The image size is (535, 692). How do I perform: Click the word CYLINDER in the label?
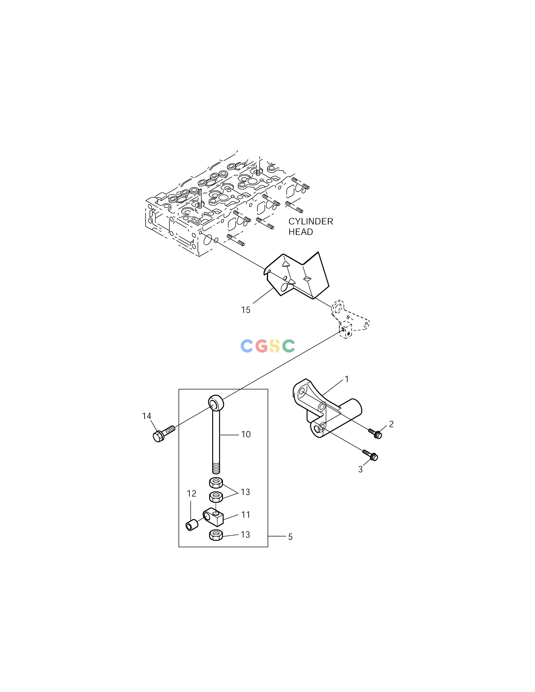pyautogui.click(x=311, y=221)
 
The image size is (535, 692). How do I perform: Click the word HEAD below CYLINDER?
pyautogui.click(x=300, y=232)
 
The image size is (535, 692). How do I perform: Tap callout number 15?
pyautogui.click(x=246, y=310)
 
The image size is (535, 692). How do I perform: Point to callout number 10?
pyautogui.click(x=246, y=434)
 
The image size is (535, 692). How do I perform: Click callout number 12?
pyautogui.click(x=191, y=494)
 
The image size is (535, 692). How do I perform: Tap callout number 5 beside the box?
pyautogui.click(x=290, y=537)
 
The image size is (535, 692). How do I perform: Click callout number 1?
pyautogui.click(x=347, y=379)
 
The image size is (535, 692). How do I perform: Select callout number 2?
pyautogui.click(x=391, y=424)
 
